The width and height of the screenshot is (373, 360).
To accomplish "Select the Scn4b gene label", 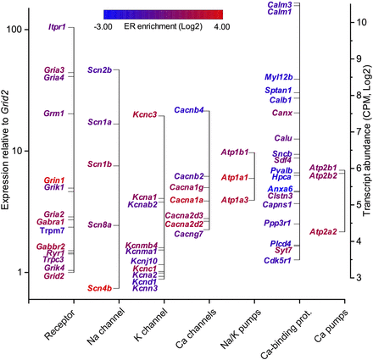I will tap(100, 288).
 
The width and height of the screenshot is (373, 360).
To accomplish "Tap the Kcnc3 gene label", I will tap(145, 115).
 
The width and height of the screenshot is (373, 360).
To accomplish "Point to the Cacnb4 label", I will tap(187, 110).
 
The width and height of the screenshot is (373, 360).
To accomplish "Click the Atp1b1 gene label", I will tap(234, 152).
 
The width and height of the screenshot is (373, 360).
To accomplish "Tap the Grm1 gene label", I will tap(53, 113).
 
